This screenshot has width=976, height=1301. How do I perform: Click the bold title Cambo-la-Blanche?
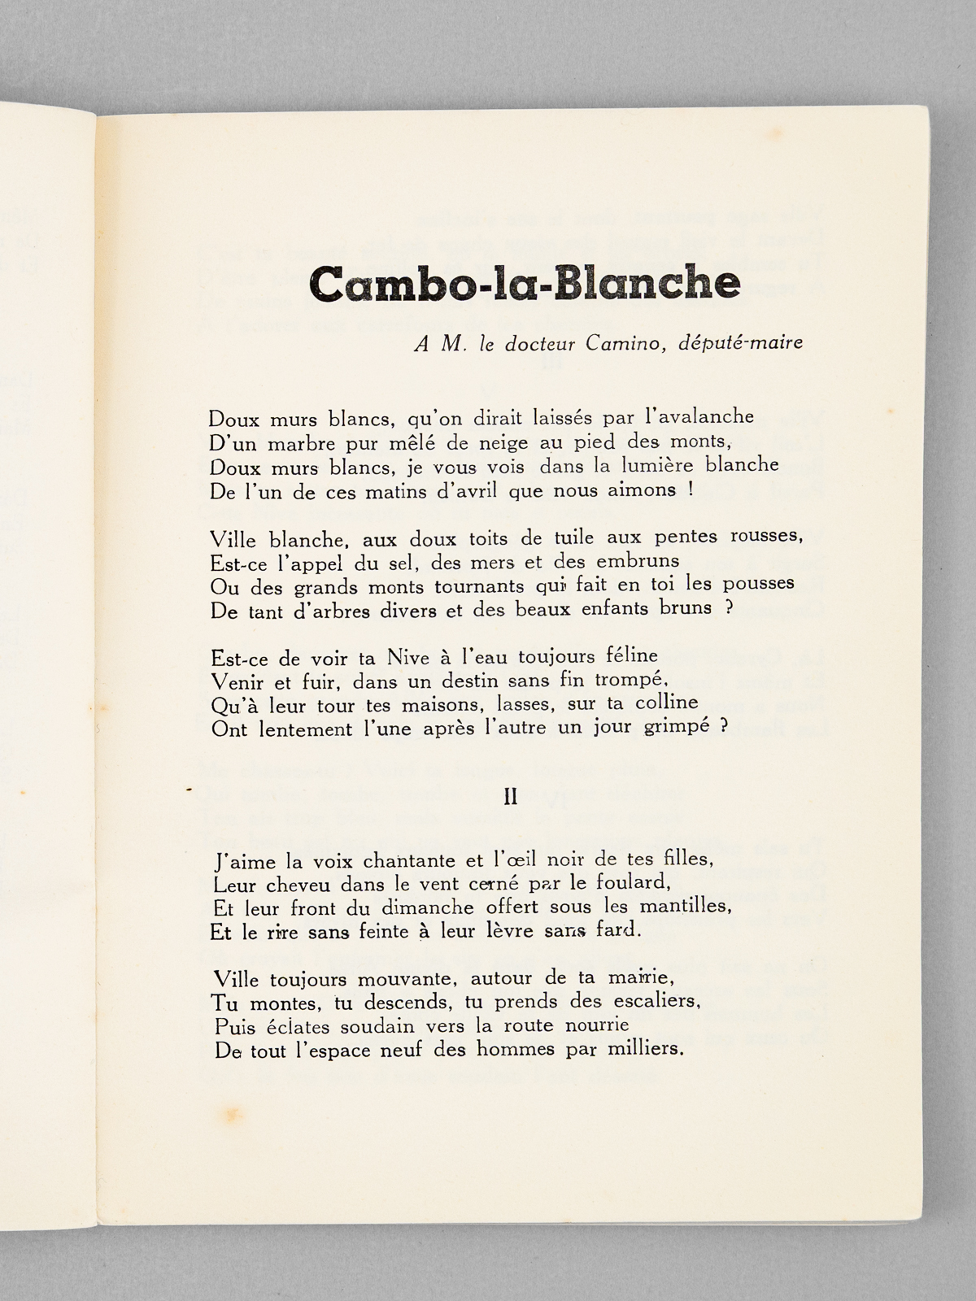pos(525,282)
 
